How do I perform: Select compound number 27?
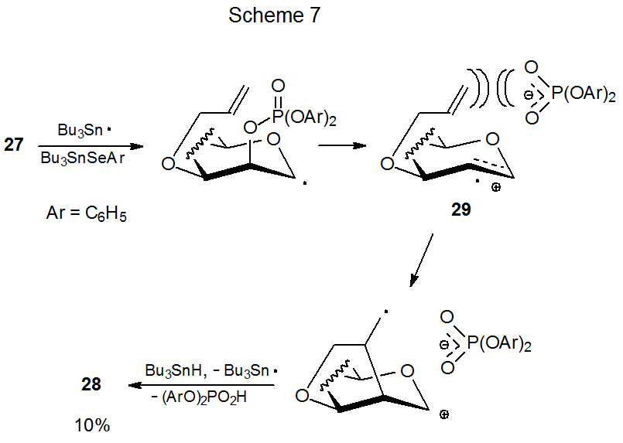pos(14,145)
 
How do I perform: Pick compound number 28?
pos(92,383)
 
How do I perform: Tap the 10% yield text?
pos(92,424)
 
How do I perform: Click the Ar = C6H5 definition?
pos(86,214)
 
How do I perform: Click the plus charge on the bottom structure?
pos(444,415)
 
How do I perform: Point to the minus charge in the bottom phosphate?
pos(446,342)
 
